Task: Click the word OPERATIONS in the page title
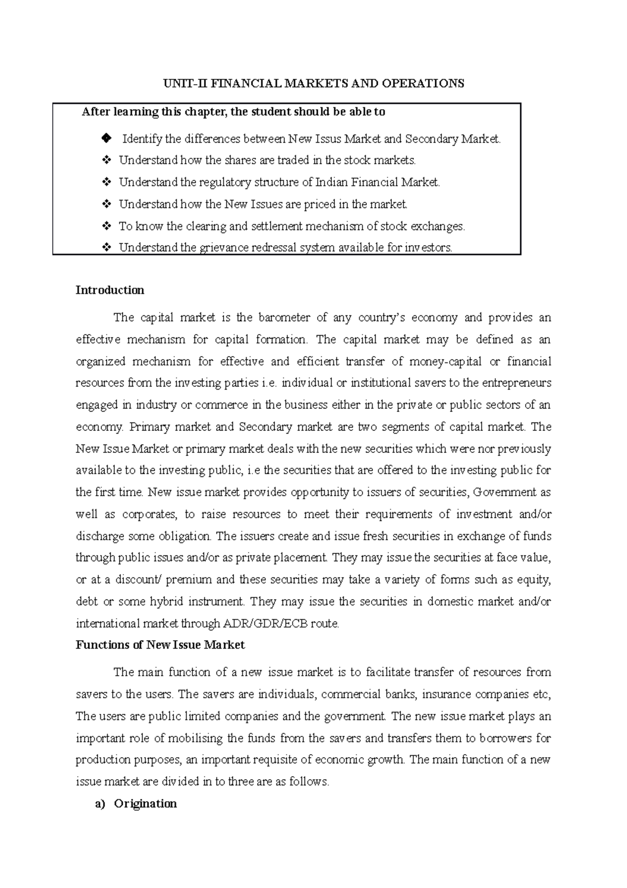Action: tap(424, 84)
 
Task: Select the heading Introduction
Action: tap(110, 290)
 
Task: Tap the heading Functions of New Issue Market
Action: tap(160, 645)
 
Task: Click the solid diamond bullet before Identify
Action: tap(107, 139)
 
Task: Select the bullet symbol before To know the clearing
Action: tap(107, 226)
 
